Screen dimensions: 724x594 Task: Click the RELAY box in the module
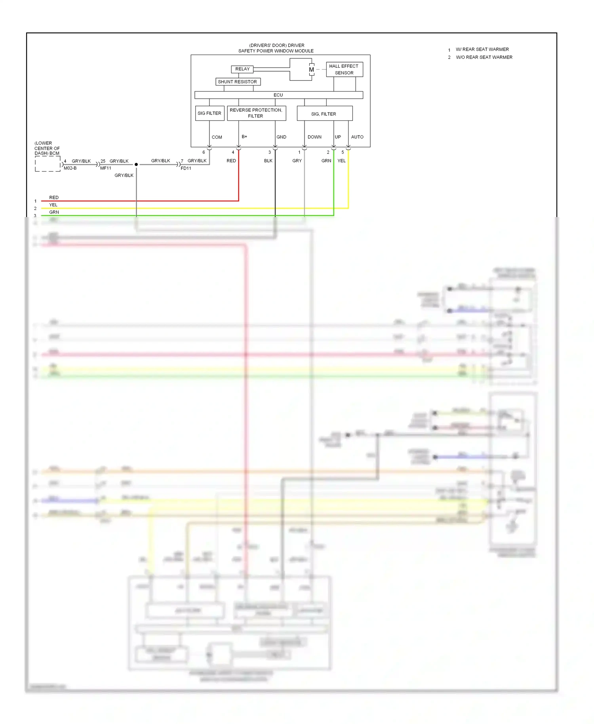[x=242, y=69]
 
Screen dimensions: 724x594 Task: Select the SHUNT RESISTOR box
[x=238, y=82]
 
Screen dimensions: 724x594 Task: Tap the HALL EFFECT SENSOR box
[x=344, y=69]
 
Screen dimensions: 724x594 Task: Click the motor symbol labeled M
[x=311, y=70]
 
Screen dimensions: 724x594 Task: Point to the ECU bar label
[x=278, y=95]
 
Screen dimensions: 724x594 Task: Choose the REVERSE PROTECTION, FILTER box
[x=256, y=113]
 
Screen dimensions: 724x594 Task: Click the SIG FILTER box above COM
[x=209, y=113]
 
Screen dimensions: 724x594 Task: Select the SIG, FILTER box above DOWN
[x=324, y=114]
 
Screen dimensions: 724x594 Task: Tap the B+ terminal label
[x=244, y=137]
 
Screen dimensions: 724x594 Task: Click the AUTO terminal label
[x=357, y=137]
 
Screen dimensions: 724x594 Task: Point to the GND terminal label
[x=281, y=137]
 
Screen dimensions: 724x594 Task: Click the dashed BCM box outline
[x=48, y=164]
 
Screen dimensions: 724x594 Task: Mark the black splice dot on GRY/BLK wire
[x=136, y=164]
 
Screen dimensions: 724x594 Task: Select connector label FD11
[x=186, y=168]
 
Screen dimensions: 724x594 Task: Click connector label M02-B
[x=70, y=168]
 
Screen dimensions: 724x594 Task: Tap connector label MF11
[x=106, y=168]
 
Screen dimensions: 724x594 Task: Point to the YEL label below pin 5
[x=341, y=161]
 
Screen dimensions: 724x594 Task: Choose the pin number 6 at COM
[x=204, y=152]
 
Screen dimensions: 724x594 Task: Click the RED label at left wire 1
[x=54, y=198]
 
